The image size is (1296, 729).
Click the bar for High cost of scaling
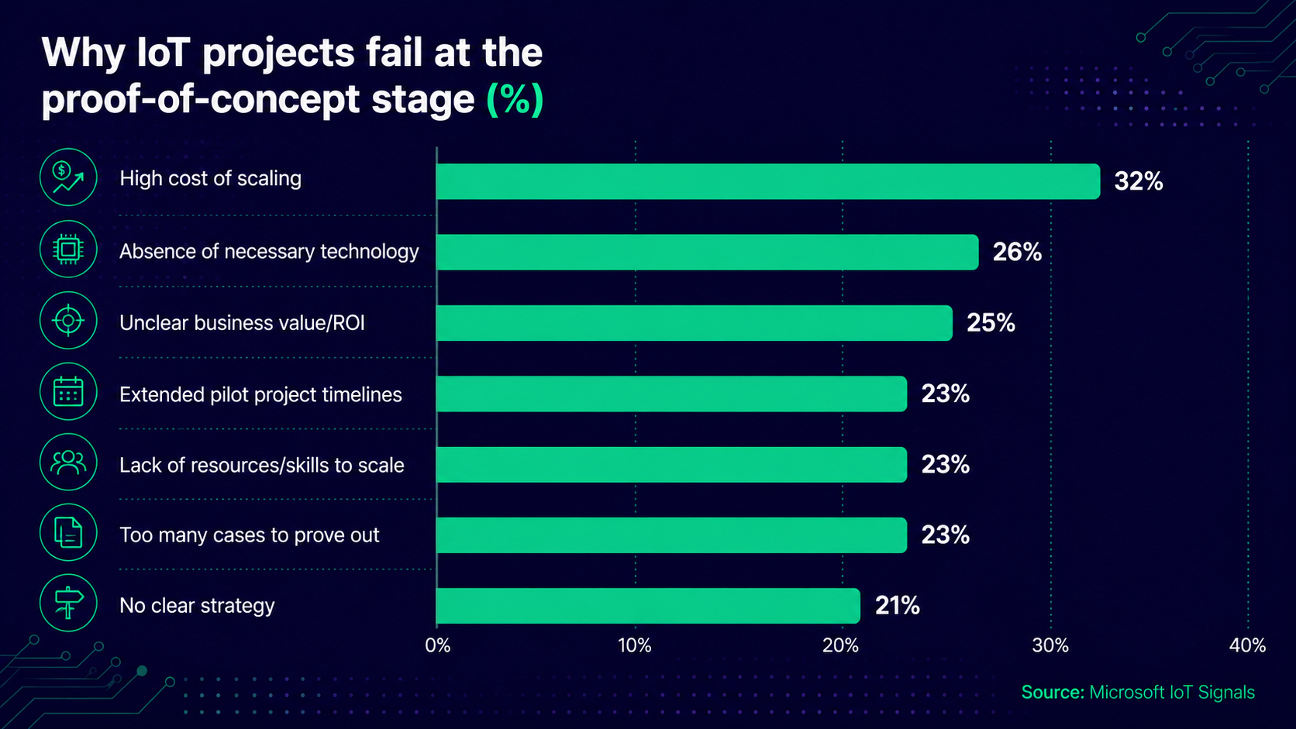(x=768, y=181)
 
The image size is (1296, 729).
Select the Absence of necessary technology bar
(x=707, y=252)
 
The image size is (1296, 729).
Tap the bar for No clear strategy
(x=648, y=606)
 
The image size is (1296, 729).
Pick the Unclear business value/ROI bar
(x=695, y=323)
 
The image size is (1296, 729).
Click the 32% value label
(x=1139, y=181)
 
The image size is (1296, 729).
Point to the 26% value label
(x=1017, y=252)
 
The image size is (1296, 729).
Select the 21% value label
(x=898, y=606)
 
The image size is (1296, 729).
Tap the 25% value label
(x=991, y=323)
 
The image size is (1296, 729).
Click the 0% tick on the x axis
(x=437, y=645)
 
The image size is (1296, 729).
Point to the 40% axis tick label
(x=1247, y=645)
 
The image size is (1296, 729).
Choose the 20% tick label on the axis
(x=841, y=645)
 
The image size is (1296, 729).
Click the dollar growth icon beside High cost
(x=68, y=177)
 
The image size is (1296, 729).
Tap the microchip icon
(x=68, y=249)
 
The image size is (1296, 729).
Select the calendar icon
(x=68, y=391)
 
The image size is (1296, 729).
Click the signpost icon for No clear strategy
(x=68, y=603)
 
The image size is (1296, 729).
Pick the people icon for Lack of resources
(x=68, y=462)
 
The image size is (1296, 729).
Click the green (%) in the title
(x=515, y=100)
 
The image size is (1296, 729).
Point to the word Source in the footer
(x=1053, y=692)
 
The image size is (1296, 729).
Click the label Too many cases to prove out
(x=250, y=535)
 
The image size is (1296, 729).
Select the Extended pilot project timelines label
(x=260, y=395)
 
